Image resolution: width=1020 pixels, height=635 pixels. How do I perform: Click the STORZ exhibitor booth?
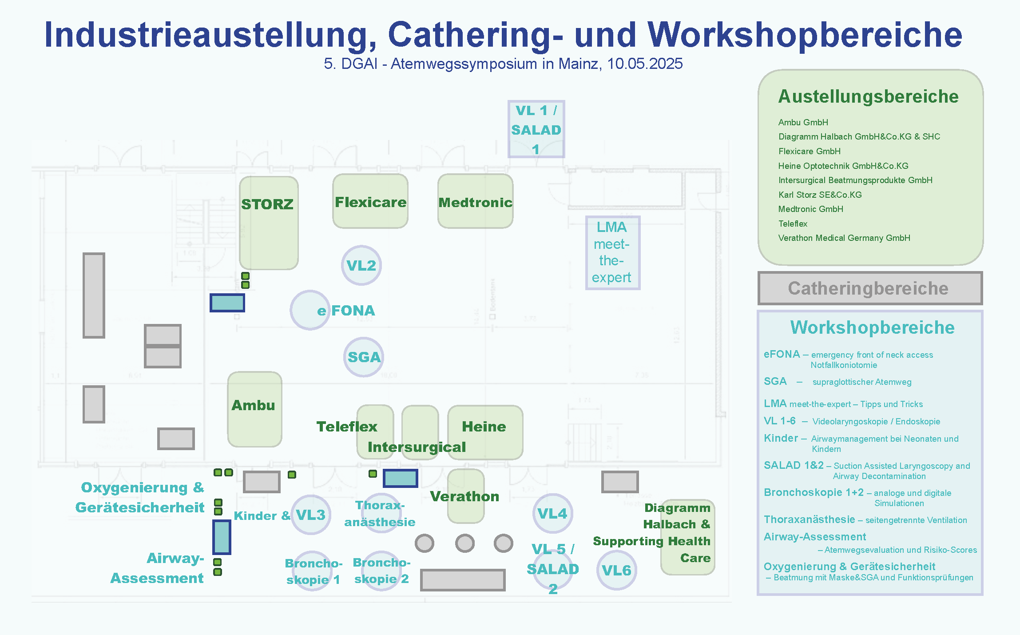coord(268,222)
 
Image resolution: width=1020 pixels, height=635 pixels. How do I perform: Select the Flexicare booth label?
coord(370,202)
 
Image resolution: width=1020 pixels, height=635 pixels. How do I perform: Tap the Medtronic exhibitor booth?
coord(475,202)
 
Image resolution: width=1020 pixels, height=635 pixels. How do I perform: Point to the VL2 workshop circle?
coord(361,265)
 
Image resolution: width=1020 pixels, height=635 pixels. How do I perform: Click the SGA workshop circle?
coord(364,357)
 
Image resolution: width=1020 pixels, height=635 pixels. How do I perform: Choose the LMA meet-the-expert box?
coord(612,252)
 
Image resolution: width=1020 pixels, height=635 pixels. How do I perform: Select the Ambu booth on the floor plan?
coord(254,409)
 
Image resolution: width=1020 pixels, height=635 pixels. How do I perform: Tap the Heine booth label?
coord(484,427)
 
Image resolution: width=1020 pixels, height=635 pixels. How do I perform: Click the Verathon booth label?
coord(465,496)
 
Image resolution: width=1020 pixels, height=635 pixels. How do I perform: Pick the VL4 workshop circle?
coord(552,514)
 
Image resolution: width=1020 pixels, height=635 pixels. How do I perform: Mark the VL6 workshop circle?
coord(616,570)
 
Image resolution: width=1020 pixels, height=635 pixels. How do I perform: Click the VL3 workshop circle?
coord(311,515)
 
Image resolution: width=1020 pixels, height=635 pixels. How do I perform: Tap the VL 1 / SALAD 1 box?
coord(536,129)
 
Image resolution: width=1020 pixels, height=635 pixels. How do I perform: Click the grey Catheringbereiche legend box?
coord(869,288)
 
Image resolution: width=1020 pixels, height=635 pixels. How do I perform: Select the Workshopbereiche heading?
coord(872,327)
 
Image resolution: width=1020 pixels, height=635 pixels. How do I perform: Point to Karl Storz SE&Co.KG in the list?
coord(820,195)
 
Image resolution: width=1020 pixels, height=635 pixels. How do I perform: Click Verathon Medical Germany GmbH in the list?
coord(844,238)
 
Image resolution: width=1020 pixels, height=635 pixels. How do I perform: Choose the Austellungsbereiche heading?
coord(868,96)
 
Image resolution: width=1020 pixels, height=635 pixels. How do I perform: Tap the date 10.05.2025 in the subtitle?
coord(645,64)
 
